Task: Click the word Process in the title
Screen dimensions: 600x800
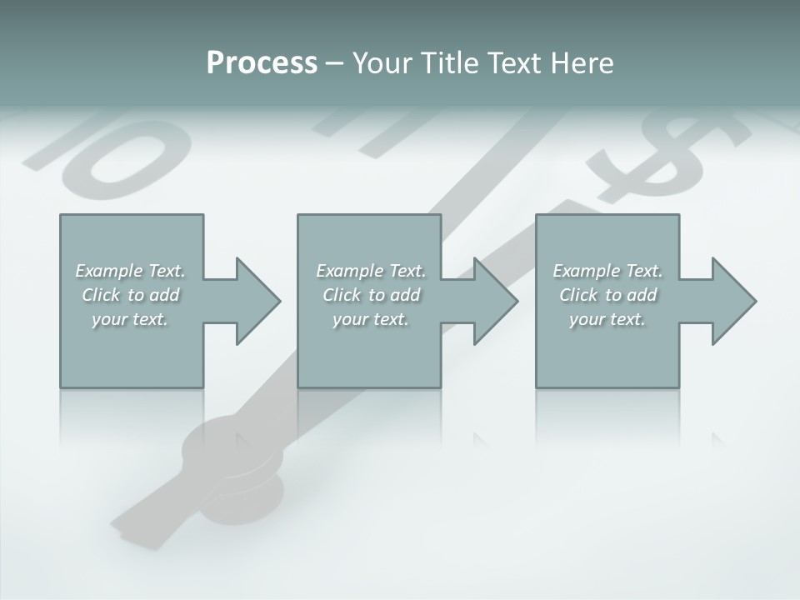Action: [262, 63]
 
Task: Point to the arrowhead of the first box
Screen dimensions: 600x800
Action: [258, 301]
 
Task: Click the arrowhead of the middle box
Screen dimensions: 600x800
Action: [496, 301]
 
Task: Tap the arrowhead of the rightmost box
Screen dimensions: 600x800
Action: [734, 301]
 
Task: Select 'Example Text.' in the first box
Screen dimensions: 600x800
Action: [130, 271]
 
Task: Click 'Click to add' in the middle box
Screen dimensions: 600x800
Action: [371, 295]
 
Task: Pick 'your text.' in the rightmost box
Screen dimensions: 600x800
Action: [607, 319]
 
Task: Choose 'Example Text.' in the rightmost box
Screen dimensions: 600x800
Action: [607, 271]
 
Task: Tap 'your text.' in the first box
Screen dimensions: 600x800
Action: [130, 319]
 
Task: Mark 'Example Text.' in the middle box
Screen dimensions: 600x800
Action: [371, 271]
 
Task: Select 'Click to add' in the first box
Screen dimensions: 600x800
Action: [130, 295]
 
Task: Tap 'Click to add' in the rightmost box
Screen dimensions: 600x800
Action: [607, 295]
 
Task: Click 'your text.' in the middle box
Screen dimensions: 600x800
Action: [371, 319]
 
